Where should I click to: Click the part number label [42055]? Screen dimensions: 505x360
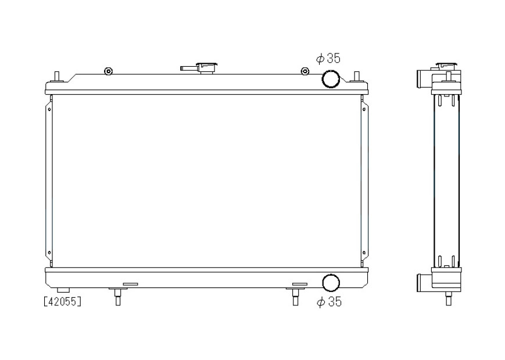pyautogui.click(x=63, y=301)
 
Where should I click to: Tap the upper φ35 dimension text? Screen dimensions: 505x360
pyautogui.click(x=328, y=58)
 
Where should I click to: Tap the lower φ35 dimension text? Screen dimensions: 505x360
pyautogui.click(x=329, y=302)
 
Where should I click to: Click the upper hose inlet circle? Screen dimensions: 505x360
pyautogui.click(x=331, y=79)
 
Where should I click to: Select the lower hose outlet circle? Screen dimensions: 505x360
pyautogui.click(x=331, y=283)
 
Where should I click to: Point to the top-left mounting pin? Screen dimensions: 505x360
pyautogui.click(x=57, y=77)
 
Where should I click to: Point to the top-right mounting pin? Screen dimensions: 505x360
pyautogui.click(x=357, y=77)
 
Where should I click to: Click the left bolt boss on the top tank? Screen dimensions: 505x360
pyautogui.click(x=108, y=71)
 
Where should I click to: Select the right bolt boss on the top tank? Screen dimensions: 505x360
pyautogui.click(x=305, y=71)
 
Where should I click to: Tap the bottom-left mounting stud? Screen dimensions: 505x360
pyautogui.click(x=118, y=296)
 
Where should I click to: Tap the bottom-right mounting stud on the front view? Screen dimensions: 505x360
pyautogui.click(x=295, y=296)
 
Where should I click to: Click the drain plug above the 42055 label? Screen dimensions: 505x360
pyautogui.click(x=63, y=290)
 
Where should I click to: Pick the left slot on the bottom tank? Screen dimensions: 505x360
pyautogui.click(x=130, y=284)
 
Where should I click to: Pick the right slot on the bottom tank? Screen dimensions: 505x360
pyautogui.click(x=299, y=284)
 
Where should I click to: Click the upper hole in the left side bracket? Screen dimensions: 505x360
pyautogui.click(x=49, y=109)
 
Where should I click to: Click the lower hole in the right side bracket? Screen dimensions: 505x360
pyautogui.click(x=364, y=253)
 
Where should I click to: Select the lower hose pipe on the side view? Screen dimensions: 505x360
pyautogui.click(x=424, y=282)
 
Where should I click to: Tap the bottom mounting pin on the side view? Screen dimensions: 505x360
pyautogui.click(x=448, y=298)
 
